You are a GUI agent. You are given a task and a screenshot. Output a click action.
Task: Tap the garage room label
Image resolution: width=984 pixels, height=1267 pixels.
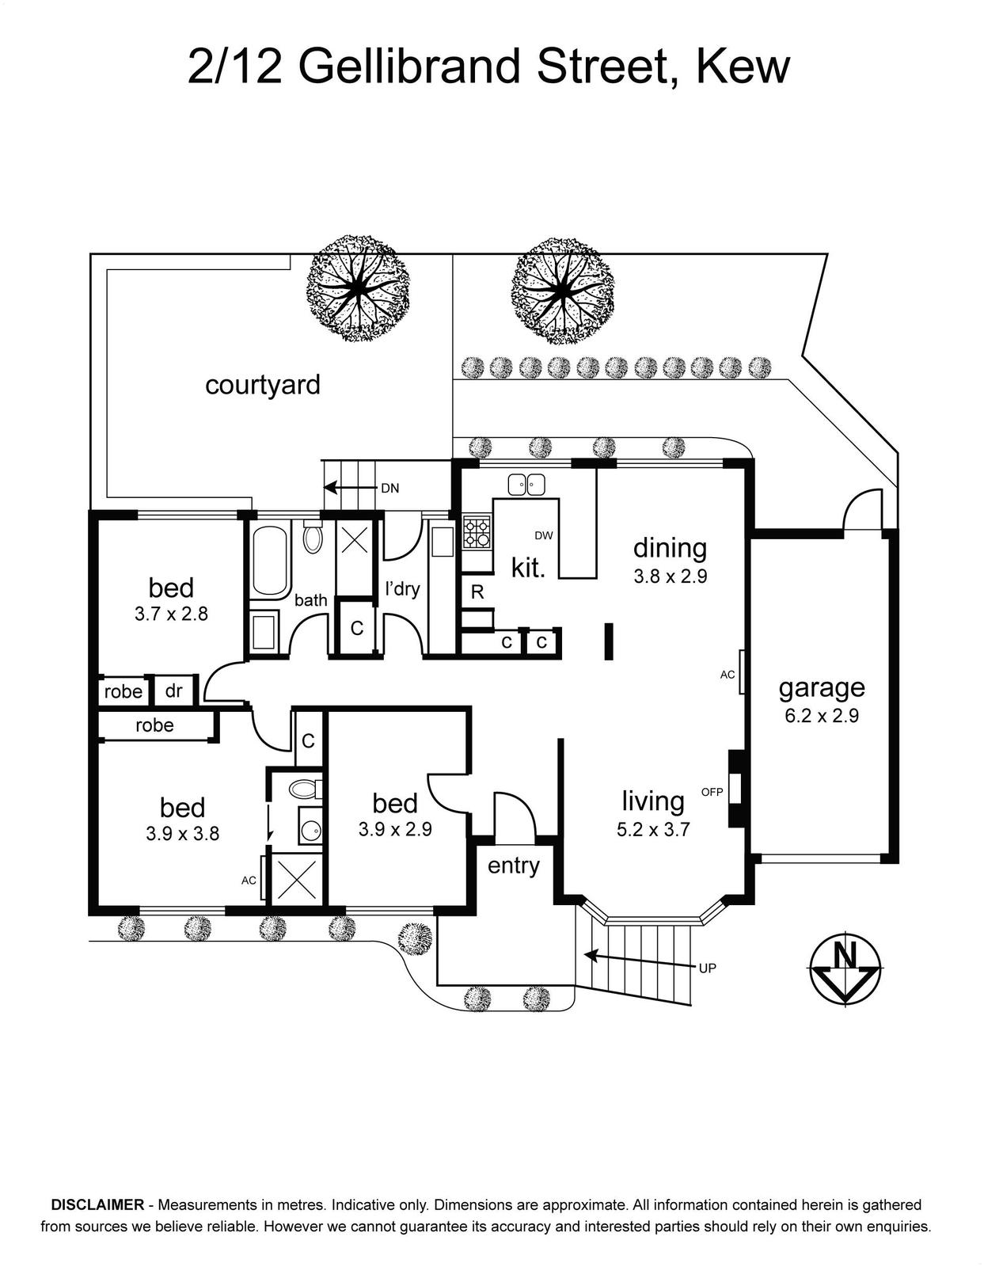click(822, 689)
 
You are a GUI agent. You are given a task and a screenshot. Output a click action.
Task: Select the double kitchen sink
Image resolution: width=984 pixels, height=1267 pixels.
click(526, 484)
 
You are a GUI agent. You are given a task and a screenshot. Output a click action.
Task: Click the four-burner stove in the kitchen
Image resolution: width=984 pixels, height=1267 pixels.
click(477, 532)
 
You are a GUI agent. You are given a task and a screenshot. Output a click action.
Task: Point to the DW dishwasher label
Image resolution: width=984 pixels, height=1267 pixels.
click(544, 535)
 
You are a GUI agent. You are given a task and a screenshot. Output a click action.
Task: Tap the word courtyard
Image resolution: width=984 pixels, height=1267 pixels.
click(263, 385)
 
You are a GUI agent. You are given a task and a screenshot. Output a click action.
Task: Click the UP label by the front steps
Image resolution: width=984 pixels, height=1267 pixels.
click(707, 968)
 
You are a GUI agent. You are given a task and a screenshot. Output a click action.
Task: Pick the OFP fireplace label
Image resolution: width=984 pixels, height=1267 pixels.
click(712, 792)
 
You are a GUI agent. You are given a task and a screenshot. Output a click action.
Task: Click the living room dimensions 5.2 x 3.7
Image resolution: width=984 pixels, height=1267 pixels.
click(653, 828)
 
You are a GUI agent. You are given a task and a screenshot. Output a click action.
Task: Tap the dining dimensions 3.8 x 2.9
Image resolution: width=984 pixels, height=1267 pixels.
click(671, 576)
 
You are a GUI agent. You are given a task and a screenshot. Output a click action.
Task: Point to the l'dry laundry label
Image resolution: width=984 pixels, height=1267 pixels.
click(403, 589)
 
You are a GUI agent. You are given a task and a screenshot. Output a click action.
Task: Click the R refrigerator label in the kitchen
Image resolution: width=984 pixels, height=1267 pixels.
click(477, 592)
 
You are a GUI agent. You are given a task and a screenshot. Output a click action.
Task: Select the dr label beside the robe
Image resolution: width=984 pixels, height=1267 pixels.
click(173, 691)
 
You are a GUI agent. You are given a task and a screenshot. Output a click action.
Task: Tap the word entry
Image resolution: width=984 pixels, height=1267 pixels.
click(513, 866)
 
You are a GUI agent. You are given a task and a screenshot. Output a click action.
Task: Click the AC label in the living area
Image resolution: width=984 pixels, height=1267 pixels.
click(728, 675)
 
